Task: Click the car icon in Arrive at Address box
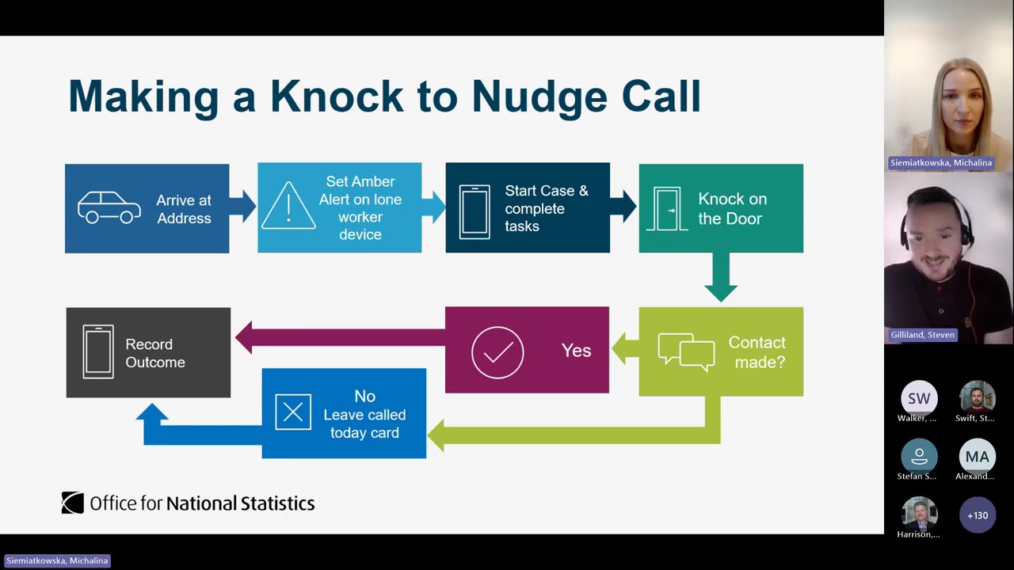tap(109, 208)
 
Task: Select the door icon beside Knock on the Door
tap(666, 209)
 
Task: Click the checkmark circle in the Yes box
tap(497, 351)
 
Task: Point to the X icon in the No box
tap(293, 412)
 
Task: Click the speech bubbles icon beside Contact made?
tap(686, 351)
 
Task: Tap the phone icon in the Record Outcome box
tap(98, 352)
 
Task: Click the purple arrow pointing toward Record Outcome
tap(333, 337)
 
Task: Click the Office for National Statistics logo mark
tap(73, 503)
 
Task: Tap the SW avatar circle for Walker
tap(918, 398)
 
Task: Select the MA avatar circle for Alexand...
tap(977, 457)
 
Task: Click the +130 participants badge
tap(977, 515)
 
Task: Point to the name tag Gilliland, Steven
tap(923, 335)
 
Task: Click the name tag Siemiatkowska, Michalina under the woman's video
tap(940, 162)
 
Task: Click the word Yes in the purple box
tap(576, 351)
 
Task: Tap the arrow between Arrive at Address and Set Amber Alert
tap(243, 206)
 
